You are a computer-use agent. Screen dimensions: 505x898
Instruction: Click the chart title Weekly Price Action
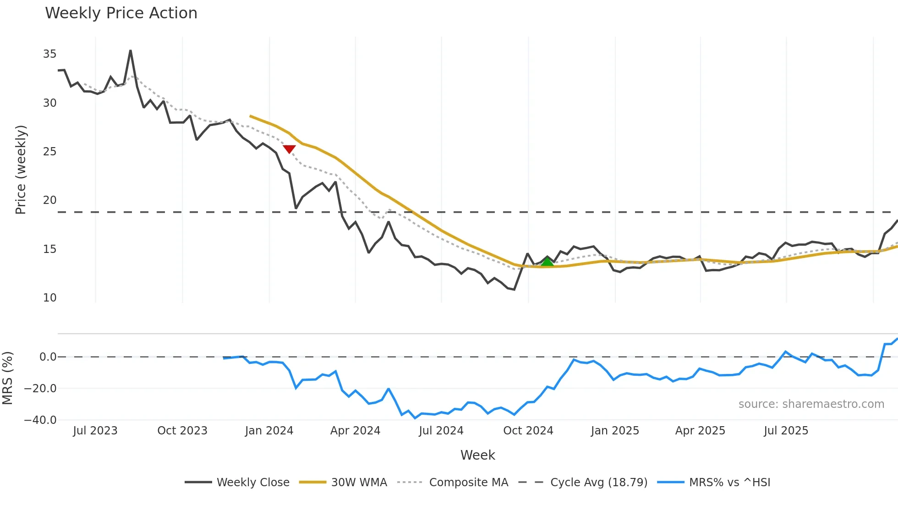(121, 13)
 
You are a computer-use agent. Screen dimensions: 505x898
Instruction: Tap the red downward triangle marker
(289, 149)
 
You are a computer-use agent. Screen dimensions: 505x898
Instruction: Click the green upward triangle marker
(547, 262)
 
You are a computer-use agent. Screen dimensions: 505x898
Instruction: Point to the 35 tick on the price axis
(49, 54)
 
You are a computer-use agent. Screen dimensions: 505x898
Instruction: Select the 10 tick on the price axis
(49, 298)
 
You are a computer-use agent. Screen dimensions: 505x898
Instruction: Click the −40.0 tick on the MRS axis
(40, 420)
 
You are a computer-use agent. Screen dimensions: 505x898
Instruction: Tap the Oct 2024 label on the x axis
(528, 431)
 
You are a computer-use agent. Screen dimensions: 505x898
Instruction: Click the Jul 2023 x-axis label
(95, 431)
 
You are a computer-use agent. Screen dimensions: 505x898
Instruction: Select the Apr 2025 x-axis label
(700, 431)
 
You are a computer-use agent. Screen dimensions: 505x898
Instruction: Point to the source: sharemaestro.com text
(811, 404)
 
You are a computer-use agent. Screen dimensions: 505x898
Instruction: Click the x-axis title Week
(477, 455)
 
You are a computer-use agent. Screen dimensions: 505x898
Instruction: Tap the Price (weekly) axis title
(21, 170)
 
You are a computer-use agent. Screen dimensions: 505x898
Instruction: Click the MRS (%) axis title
(7, 378)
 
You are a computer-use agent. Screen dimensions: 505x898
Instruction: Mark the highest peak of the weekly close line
(131, 51)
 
